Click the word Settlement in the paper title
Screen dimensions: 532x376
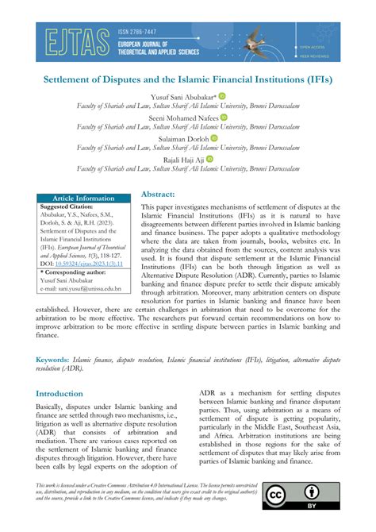pyautogui.click(x=78, y=81)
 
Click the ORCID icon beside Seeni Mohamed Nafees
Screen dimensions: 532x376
pyautogui.click(x=224, y=117)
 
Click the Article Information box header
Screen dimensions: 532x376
pyautogui.click(x=84, y=198)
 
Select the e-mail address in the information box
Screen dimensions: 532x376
pyautogui.click(x=86, y=289)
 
